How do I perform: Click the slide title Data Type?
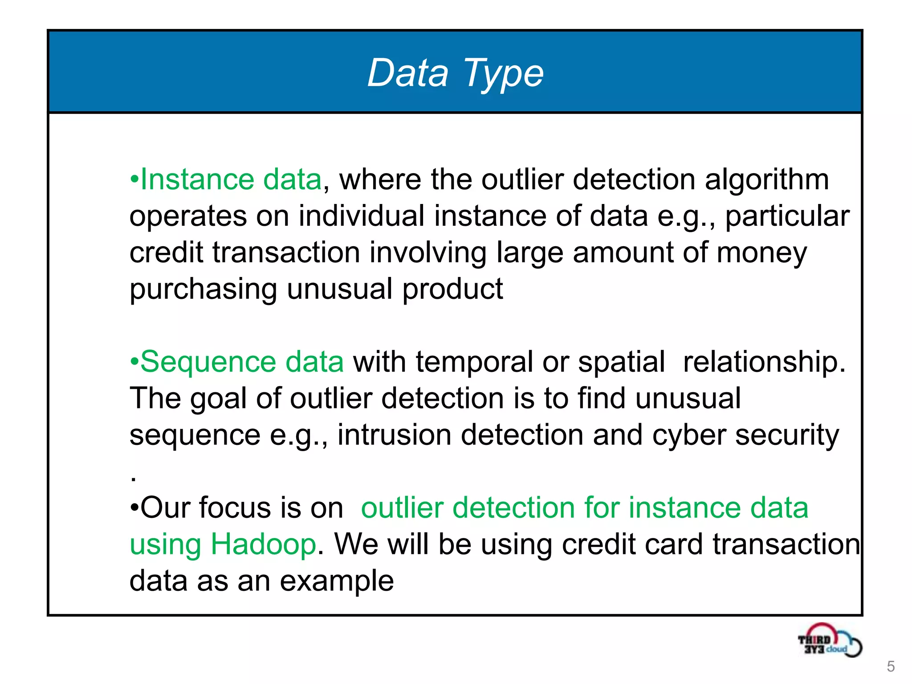[455, 73]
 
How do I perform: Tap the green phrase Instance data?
[231, 179]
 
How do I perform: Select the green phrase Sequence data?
[242, 362]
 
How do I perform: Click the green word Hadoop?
[263, 544]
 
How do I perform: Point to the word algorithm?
[766, 180]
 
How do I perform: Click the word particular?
[787, 217]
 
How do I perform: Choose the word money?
[761, 253]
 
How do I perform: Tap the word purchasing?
[203, 289]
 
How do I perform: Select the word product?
[452, 289]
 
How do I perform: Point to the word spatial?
[621, 362]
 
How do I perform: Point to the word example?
[337, 582]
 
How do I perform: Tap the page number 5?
[891, 667]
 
